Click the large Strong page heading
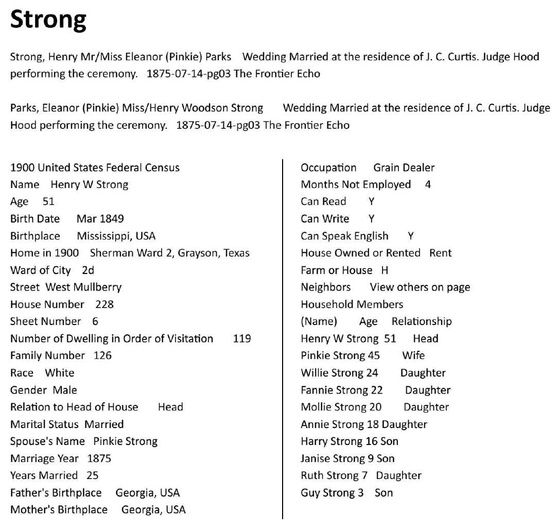(x=48, y=21)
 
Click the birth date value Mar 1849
(x=100, y=219)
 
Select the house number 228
(x=104, y=304)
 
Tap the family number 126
(x=102, y=355)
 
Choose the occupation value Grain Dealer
(x=404, y=168)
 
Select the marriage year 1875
(x=99, y=458)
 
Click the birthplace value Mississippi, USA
(x=116, y=236)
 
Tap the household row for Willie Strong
(x=373, y=373)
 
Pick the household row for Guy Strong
(x=346, y=493)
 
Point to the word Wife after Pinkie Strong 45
(x=413, y=356)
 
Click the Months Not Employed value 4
(x=428, y=185)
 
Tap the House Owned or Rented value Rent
(x=440, y=253)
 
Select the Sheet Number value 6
(x=95, y=321)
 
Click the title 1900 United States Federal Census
(x=95, y=168)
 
